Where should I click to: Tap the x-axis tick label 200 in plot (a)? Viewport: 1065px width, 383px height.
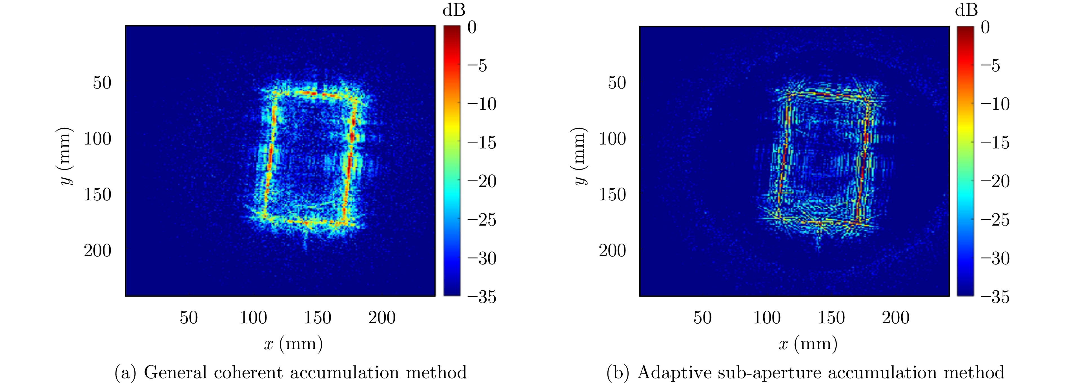coord(382,318)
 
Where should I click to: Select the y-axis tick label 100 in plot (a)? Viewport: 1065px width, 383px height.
coord(97,139)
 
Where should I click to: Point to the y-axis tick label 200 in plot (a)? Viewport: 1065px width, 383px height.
coord(97,250)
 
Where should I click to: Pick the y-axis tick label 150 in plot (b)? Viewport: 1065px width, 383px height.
coord(612,194)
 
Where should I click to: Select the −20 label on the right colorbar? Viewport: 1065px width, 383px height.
coord(995,181)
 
